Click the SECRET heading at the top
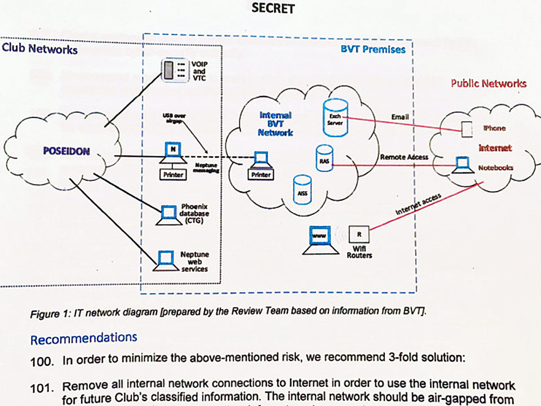click(273, 8)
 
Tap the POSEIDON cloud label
click(66, 151)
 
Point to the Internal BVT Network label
click(276, 123)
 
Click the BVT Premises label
click(373, 49)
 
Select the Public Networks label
click(489, 83)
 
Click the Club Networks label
click(39, 49)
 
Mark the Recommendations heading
click(83, 338)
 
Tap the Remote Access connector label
click(403, 157)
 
